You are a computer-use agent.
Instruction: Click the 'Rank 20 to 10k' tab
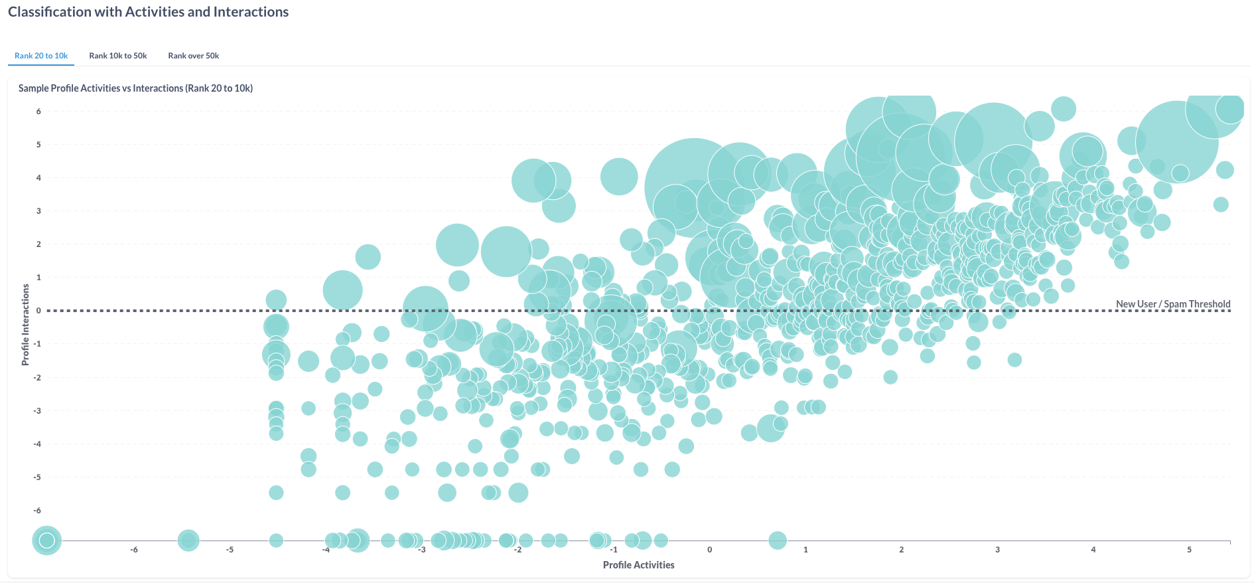click(x=41, y=56)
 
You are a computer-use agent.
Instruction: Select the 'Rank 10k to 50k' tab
click(x=118, y=56)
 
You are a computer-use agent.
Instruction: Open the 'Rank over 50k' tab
click(x=193, y=56)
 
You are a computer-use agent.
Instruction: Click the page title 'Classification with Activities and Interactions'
click(x=148, y=12)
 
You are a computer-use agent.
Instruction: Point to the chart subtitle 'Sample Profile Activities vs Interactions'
click(x=135, y=88)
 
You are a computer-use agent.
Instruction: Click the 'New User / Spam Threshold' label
click(x=1172, y=304)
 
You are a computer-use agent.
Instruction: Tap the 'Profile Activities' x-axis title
click(x=638, y=565)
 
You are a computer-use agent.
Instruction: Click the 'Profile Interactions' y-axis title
click(x=26, y=325)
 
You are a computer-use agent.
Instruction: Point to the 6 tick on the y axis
click(x=38, y=112)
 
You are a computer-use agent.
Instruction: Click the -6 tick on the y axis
click(x=38, y=511)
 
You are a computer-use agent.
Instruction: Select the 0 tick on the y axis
click(x=38, y=311)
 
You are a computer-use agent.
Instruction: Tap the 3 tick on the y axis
click(x=38, y=211)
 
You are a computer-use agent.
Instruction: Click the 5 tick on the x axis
click(x=1189, y=550)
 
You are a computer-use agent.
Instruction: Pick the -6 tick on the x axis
click(x=134, y=550)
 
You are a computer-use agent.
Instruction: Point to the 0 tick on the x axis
click(x=709, y=550)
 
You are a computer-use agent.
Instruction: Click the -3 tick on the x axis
click(x=422, y=550)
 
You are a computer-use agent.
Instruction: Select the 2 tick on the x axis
click(x=901, y=550)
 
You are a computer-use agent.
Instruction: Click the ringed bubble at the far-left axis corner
click(x=46, y=541)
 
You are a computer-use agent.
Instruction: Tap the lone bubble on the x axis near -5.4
click(x=188, y=541)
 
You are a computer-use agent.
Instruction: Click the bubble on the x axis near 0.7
click(x=777, y=541)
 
